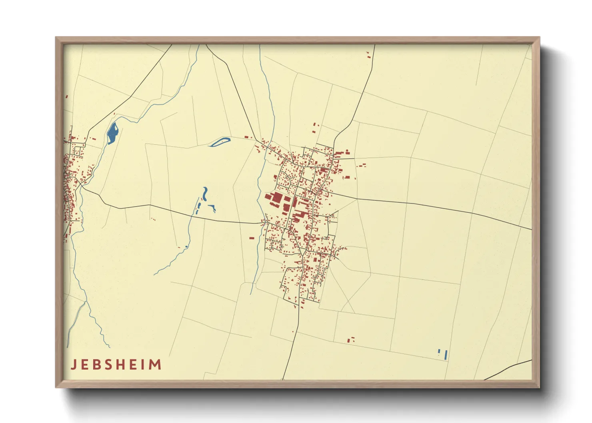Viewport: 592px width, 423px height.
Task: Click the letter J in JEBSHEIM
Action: click(74, 365)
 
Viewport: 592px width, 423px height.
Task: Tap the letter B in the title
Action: click(96, 365)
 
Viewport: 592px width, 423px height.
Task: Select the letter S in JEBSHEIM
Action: click(107, 365)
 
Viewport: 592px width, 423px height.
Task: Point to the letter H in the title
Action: click(120, 365)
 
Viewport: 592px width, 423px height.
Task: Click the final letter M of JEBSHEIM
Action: click(155, 365)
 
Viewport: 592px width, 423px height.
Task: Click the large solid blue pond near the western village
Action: click(112, 133)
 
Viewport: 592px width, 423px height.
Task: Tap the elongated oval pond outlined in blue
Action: click(220, 142)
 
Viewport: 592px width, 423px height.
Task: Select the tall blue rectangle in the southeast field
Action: click(446, 355)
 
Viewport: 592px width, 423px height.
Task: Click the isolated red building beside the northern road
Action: click(368, 55)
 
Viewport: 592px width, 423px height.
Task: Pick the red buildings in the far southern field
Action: click(351, 340)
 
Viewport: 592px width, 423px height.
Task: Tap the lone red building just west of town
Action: click(252, 238)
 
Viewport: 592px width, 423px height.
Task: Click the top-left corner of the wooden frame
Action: click(56, 38)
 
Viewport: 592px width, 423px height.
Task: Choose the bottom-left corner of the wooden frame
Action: click(56, 387)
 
